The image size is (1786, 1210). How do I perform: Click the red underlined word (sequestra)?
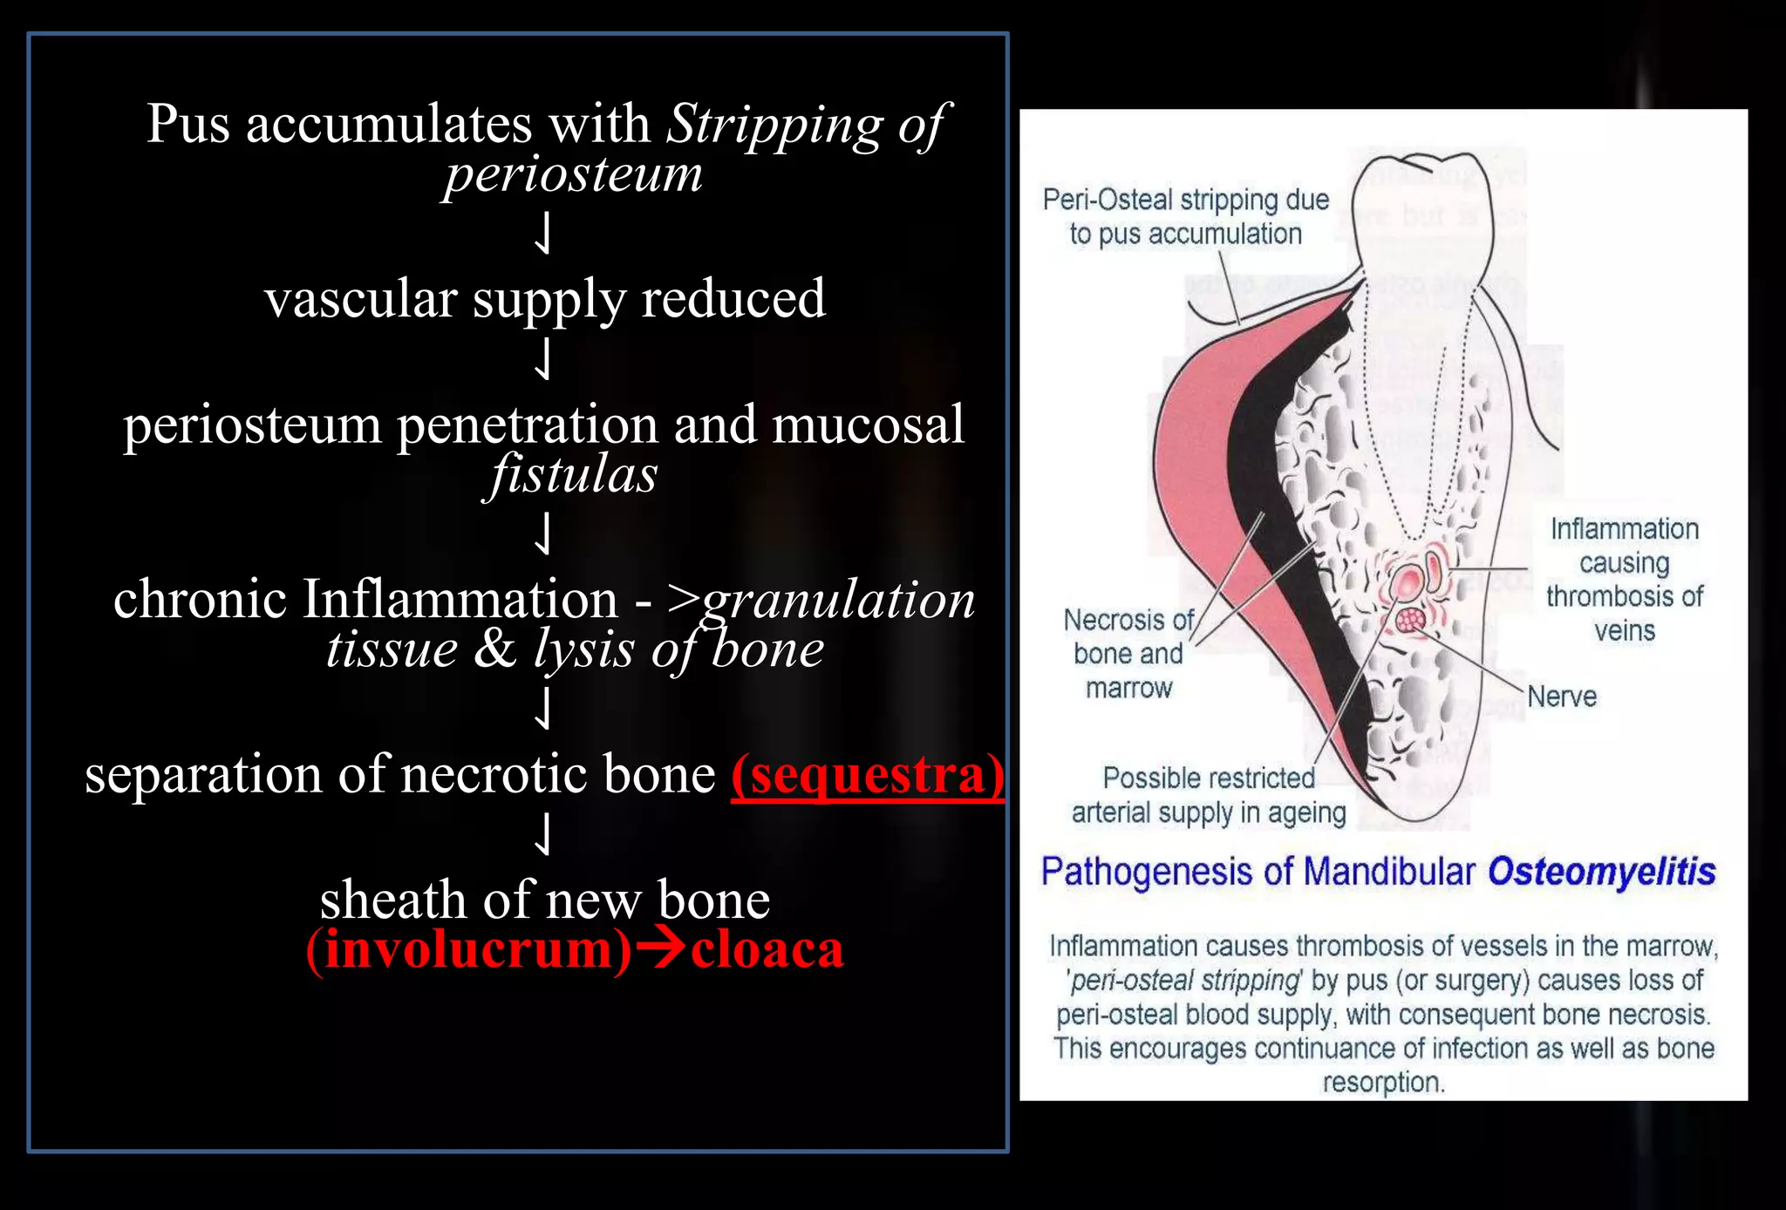[x=867, y=775]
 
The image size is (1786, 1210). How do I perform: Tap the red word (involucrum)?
[x=468, y=949]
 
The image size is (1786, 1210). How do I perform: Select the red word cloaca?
[x=767, y=949]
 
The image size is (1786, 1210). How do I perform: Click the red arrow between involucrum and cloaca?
[x=660, y=949]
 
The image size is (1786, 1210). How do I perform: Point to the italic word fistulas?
[x=573, y=475]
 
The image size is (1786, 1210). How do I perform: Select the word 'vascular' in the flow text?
[x=360, y=299]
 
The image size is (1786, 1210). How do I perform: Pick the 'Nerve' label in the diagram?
[x=1561, y=697]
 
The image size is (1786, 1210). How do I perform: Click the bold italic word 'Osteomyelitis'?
[x=1601, y=872]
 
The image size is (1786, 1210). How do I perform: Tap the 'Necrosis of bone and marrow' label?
[x=1128, y=654]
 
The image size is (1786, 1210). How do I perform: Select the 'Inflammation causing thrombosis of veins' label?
[x=1624, y=580]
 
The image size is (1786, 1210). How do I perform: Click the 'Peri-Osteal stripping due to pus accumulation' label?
[x=1185, y=217]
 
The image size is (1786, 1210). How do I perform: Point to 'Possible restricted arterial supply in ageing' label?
[x=1209, y=795]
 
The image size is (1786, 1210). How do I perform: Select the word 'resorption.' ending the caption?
[x=1383, y=1083]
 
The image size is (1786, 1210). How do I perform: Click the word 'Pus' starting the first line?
[x=188, y=124]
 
